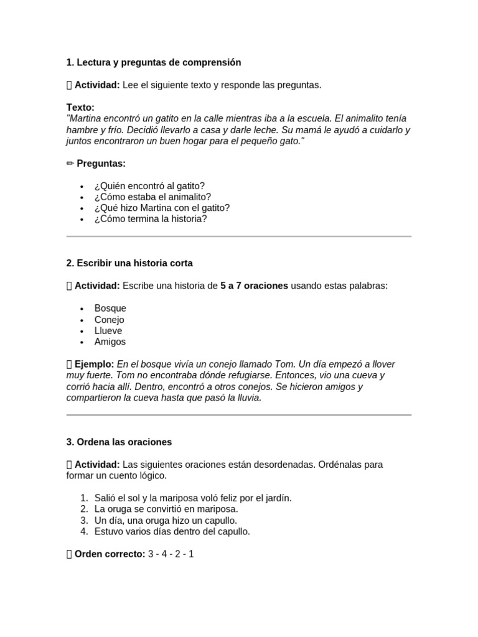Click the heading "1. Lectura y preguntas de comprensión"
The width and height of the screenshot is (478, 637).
153,62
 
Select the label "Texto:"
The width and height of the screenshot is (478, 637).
80,107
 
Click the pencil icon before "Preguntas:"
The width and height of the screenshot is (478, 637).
70,163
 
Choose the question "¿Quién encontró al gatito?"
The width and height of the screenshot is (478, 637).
149,185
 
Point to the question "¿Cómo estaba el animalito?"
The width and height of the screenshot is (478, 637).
152,197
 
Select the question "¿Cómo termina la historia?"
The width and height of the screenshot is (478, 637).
151,219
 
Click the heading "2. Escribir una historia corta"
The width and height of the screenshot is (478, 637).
134,263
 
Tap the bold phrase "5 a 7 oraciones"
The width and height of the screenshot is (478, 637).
254,286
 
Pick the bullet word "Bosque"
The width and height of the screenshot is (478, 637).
110,308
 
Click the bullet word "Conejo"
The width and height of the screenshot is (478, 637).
110,320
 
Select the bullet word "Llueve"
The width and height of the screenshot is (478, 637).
108,331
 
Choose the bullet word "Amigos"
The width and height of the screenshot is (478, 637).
110,342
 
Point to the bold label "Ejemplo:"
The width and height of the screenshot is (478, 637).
94,364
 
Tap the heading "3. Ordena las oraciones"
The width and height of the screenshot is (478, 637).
119,442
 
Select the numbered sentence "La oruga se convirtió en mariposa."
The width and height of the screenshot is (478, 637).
166,509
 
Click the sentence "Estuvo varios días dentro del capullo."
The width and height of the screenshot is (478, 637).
172,531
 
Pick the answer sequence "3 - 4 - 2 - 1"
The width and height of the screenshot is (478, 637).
171,554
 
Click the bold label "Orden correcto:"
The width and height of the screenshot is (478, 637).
110,554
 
